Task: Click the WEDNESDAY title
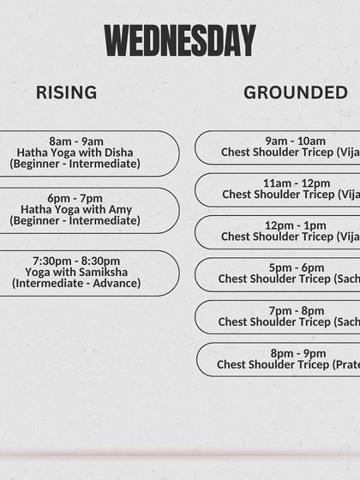coord(180,40)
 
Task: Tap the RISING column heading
coord(66,93)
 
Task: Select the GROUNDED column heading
coord(296,93)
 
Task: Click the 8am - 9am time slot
coord(75,141)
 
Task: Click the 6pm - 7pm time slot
coord(75,198)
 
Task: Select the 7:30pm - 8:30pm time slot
coord(75,261)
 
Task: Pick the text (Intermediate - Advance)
coord(75,283)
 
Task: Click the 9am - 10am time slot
coord(295,141)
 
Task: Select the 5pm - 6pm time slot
coord(297,267)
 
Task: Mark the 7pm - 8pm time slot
coord(297,310)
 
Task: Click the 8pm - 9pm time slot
coord(297,353)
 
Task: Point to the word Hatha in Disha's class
coord(34,153)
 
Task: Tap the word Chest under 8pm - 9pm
coord(233,364)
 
